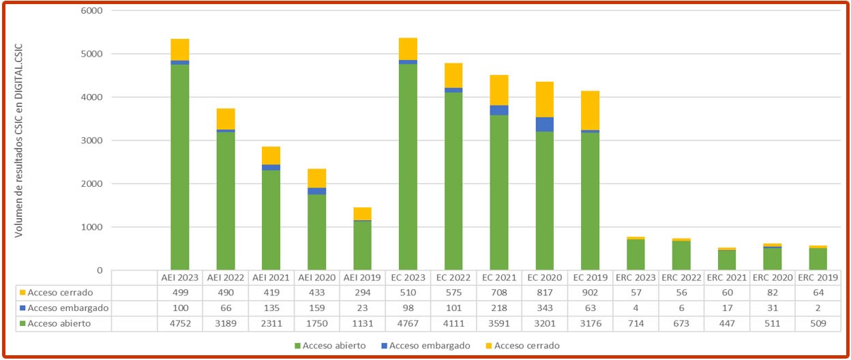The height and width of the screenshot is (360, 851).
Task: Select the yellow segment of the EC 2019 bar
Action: click(x=590, y=110)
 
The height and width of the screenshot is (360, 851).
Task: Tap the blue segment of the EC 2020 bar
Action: click(x=544, y=124)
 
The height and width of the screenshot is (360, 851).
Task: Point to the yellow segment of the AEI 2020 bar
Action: click(x=316, y=178)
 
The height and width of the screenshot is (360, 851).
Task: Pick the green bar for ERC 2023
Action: click(x=636, y=254)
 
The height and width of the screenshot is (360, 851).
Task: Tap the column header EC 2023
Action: click(x=408, y=277)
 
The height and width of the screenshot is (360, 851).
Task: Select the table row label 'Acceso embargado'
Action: click(x=61, y=307)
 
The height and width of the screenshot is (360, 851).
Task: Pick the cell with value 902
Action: click(x=590, y=292)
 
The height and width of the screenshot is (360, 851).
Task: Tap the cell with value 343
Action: click(x=544, y=307)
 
